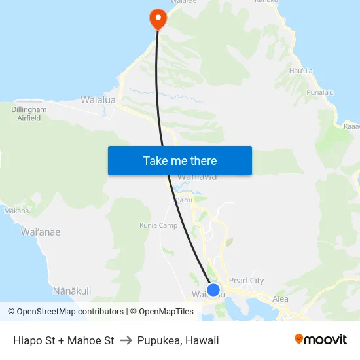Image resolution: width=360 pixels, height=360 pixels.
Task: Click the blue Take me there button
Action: (179, 160)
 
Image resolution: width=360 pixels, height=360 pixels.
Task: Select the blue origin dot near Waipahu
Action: (213, 289)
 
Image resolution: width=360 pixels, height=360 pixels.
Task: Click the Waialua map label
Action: (98, 100)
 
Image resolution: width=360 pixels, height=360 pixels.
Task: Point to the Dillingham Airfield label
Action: (29, 114)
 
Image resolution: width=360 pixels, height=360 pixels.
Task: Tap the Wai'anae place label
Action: (41, 232)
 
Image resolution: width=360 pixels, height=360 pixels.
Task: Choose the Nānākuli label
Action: (72, 291)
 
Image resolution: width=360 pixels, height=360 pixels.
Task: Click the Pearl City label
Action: (246, 281)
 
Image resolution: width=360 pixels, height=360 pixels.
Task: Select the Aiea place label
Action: (280, 298)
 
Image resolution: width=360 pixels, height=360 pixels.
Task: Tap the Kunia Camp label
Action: (158, 225)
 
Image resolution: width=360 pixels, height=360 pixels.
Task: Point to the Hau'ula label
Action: (300, 71)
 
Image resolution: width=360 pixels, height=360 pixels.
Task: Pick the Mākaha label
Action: (16, 211)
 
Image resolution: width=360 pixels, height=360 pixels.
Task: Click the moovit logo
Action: (320, 340)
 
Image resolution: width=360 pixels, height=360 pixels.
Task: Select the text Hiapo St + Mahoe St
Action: (63, 340)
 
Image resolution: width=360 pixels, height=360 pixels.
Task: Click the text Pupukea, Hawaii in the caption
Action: (178, 340)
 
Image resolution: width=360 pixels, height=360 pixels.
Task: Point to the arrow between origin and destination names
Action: (126, 340)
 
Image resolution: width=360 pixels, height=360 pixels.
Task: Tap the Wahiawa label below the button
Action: (197, 177)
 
